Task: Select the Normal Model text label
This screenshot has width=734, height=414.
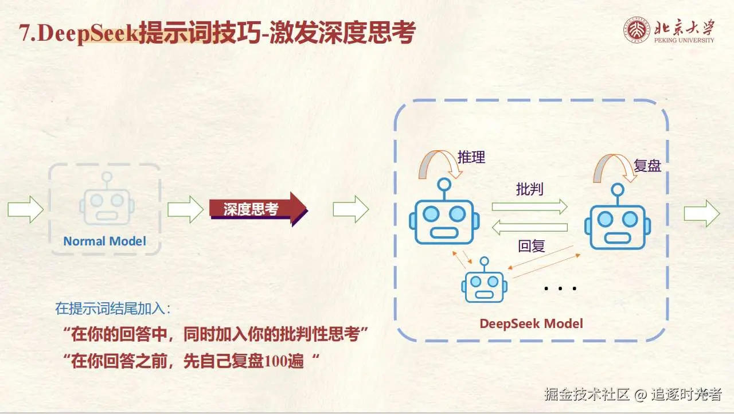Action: tap(104, 241)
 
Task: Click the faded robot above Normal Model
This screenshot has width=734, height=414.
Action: tap(107, 204)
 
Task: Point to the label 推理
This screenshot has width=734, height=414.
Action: tap(471, 157)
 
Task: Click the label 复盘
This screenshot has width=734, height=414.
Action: tap(647, 166)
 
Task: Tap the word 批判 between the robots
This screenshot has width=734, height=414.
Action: tap(529, 189)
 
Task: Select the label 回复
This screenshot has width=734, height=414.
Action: tap(531, 247)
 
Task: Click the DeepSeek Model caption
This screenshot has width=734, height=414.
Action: tap(531, 323)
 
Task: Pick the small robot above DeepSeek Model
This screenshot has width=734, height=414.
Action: tap(485, 282)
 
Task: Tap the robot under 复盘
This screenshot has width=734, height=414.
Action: tap(618, 221)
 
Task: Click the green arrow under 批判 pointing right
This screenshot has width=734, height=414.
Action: tap(529, 207)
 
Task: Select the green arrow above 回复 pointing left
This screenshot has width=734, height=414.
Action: tap(529, 228)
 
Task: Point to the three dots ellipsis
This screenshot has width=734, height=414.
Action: tap(560, 288)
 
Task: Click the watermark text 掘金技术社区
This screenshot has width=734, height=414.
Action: tap(587, 394)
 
